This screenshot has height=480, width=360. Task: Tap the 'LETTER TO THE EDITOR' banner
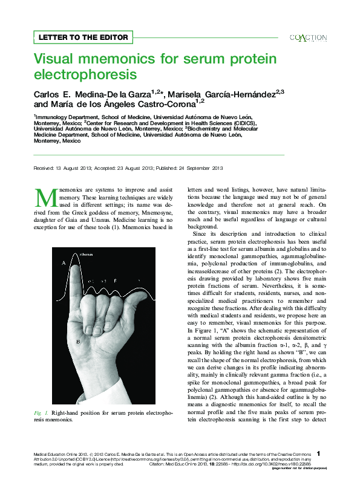(x=83, y=37)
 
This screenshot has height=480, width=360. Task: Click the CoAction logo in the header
(x=308, y=37)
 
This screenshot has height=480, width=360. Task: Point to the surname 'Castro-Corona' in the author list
(x=168, y=105)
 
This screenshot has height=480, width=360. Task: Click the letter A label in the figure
(x=63, y=280)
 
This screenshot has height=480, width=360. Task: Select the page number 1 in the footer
(x=319, y=453)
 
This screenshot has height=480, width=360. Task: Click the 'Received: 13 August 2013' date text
(x=61, y=167)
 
